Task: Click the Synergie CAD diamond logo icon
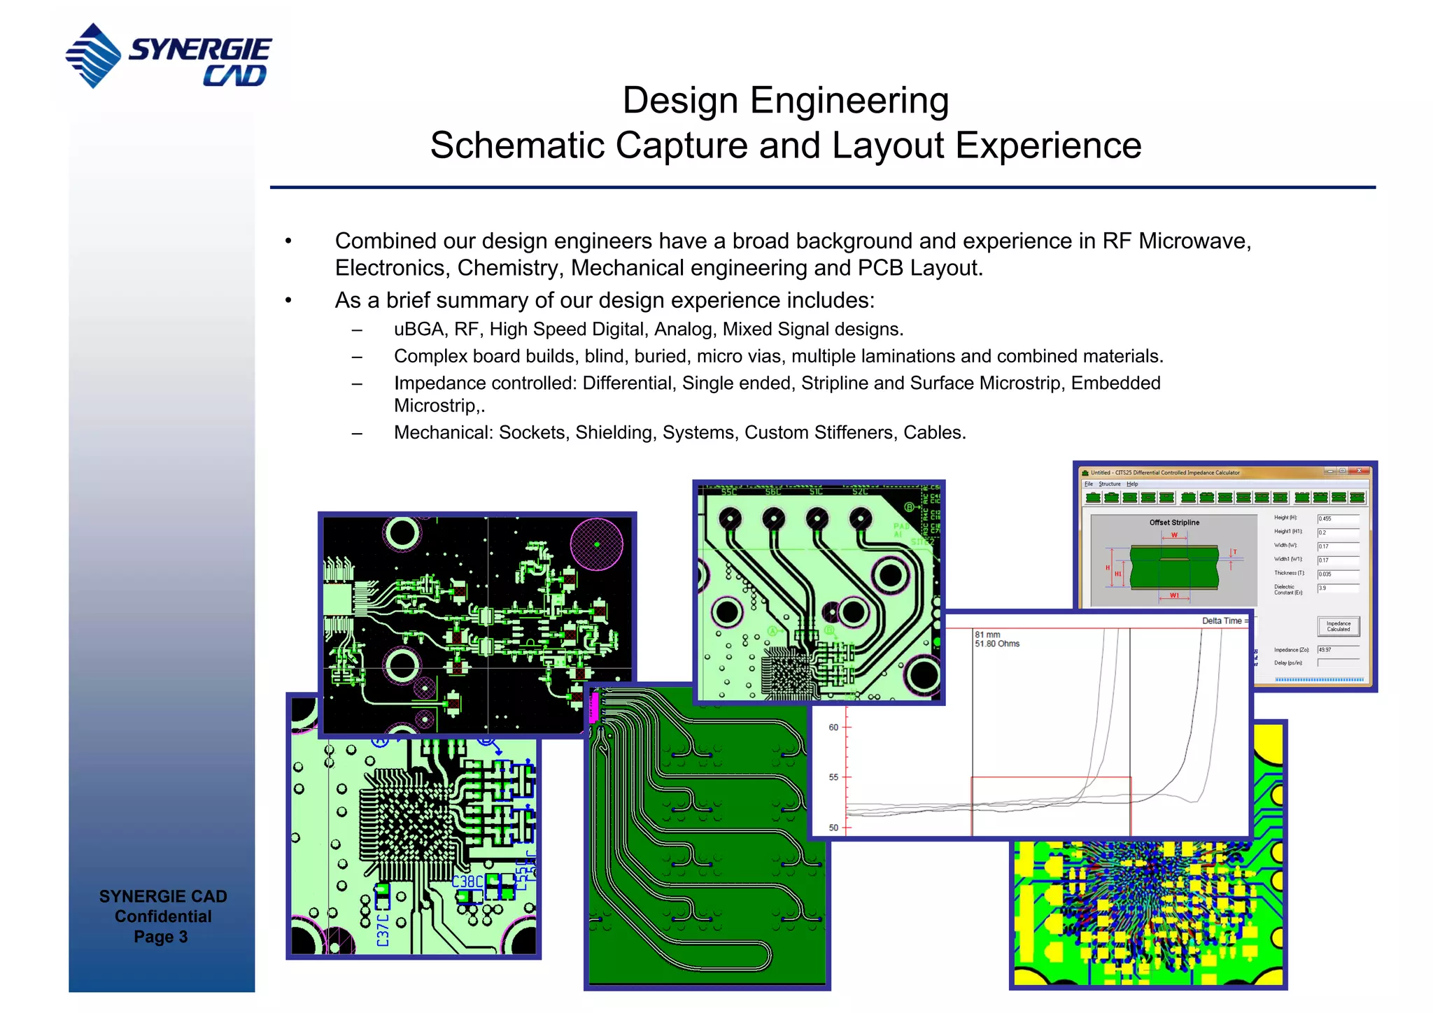(x=94, y=55)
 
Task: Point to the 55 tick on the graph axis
(x=833, y=777)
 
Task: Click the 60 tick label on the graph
(x=833, y=728)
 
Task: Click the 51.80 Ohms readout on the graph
(x=997, y=644)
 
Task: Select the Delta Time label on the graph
(x=1222, y=621)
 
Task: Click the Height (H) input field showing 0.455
(x=1337, y=518)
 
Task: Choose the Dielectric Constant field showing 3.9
(x=1337, y=588)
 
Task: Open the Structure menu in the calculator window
(x=1109, y=484)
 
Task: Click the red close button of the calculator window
(x=1359, y=472)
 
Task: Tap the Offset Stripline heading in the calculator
(x=1174, y=523)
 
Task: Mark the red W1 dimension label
(x=1174, y=595)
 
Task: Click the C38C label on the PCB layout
(x=467, y=881)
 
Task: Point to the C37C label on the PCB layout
(x=383, y=930)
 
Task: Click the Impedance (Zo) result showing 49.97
(x=1337, y=650)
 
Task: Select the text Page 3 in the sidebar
(x=161, y=937)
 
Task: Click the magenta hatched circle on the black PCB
(x=596, y=544)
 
